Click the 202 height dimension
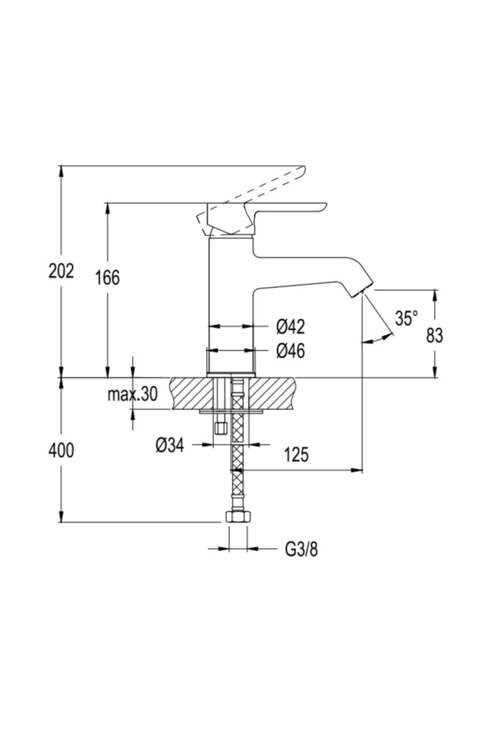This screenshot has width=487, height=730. (x=61, y=271)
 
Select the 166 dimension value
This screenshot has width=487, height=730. (x=108, y=278)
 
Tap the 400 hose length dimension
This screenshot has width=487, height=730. (x=61, y=451)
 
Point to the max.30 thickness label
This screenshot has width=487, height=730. (x=132, y=394)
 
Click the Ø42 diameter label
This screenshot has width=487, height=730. (x=290, y=327)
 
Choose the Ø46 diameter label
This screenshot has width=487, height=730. (x=290, y=351)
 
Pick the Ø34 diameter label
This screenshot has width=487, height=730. (x=170, y=445)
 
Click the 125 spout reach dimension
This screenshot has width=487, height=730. (x=296, y=455)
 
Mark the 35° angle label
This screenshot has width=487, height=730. (x=406, y=318)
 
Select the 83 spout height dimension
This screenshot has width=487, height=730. (x=435, y=335)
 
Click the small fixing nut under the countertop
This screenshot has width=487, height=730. (x=221, y=428)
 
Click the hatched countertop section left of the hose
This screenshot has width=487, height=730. (x=191, y=393)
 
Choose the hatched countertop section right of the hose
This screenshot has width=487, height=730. (x=272, y=393)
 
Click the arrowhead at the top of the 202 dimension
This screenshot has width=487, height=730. (x=61, y=170)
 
